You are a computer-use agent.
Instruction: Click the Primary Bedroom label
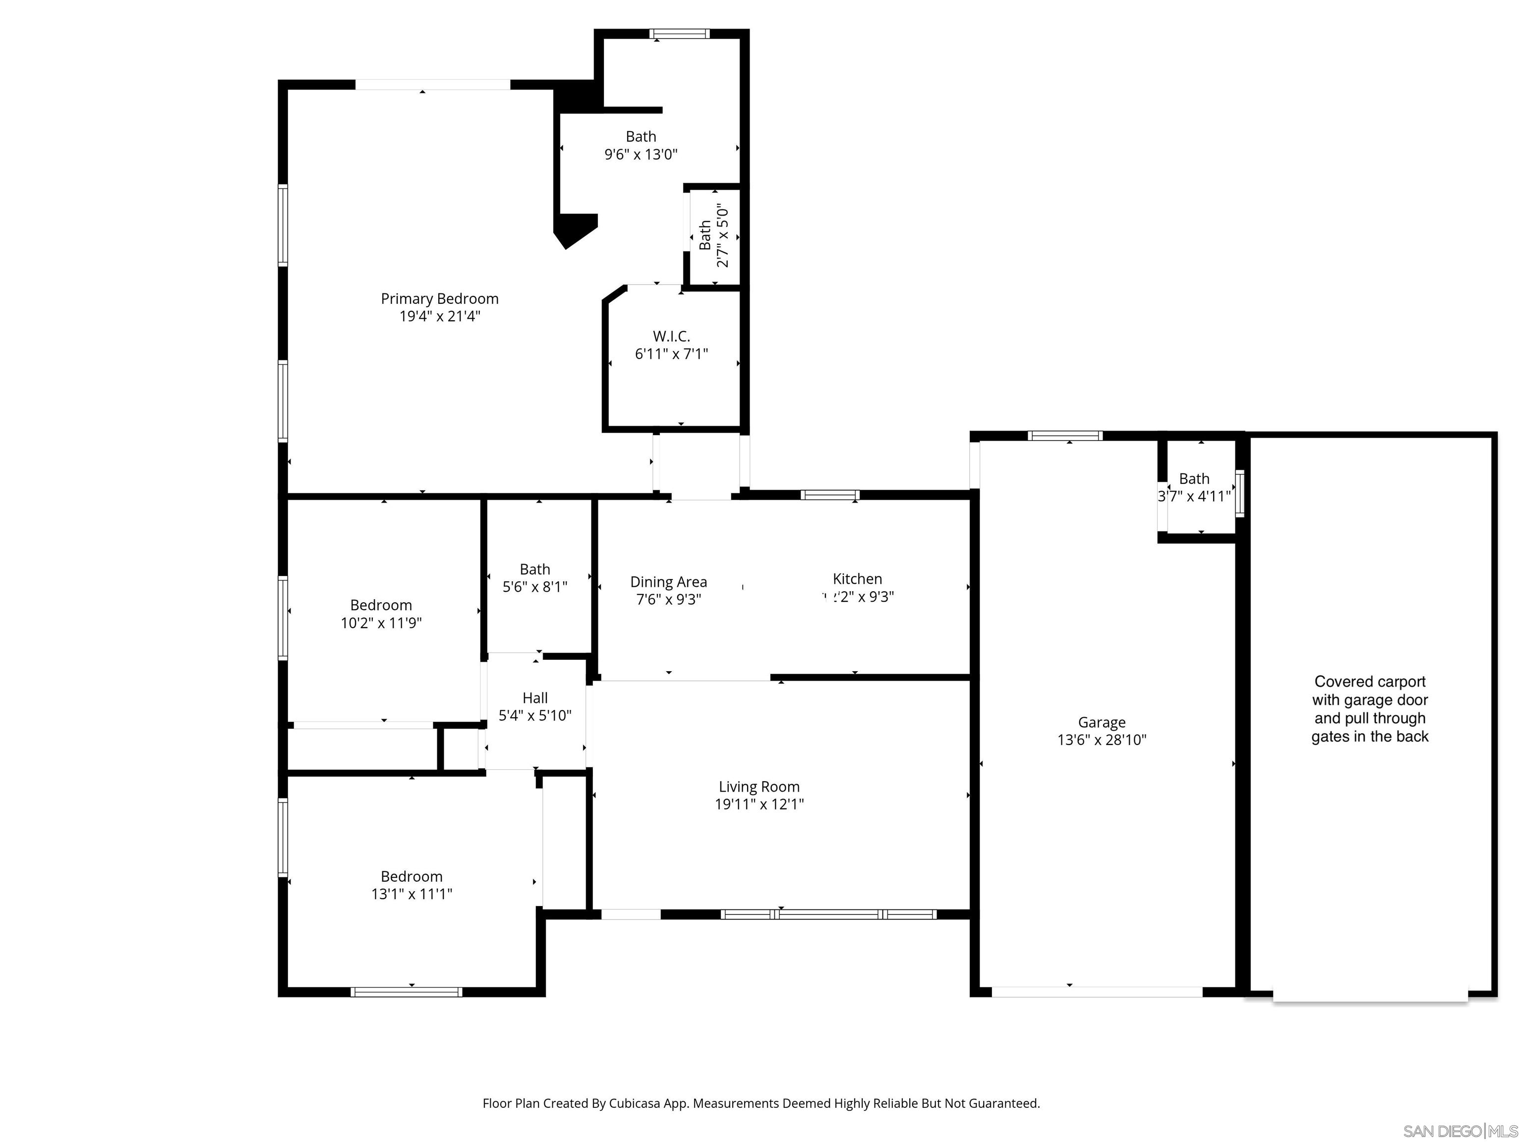coord(439,299)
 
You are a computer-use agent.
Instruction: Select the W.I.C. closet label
coord(671,337)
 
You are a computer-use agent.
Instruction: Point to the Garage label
coord(1102,722)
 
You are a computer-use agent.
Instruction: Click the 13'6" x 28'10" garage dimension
coord(1102,740)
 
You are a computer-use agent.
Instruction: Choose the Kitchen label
coord(857,579)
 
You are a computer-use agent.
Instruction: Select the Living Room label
coord(759,786)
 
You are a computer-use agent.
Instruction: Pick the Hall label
coord(535,698)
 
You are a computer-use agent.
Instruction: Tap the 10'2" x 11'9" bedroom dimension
coord(381,623)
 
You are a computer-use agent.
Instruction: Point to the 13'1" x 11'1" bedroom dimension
coord(411,894)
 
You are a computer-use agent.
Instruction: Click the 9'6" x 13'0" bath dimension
coord(641,154)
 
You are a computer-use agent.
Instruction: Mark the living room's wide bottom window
coord(828,914)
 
